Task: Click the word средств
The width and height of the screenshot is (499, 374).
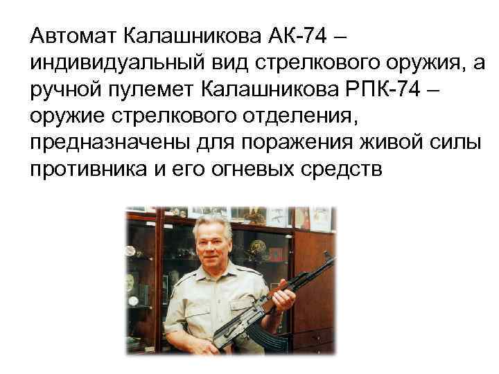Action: coord(342,170)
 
